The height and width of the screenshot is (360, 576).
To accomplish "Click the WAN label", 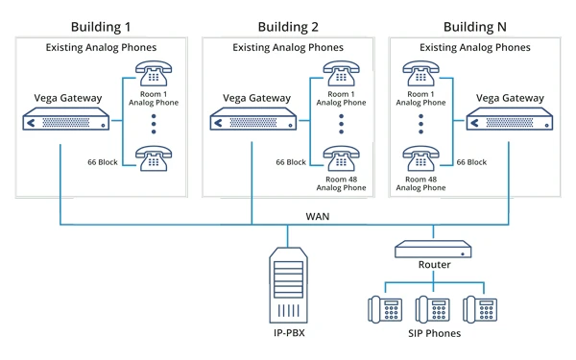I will tap(318, 216).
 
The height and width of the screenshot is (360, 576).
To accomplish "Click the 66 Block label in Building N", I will tap(472, 163).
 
